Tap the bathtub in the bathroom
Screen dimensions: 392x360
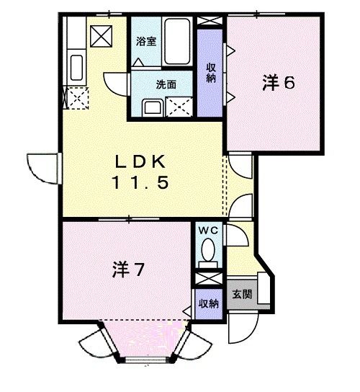(176, 41)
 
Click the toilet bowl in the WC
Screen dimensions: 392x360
(209, 254)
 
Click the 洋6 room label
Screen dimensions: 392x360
(278, 84)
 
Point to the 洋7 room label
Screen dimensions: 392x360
(130, 270)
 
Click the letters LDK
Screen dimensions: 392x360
(140, 161)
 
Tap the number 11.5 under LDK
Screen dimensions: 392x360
(140, 182)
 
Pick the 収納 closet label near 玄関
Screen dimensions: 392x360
(209, 303)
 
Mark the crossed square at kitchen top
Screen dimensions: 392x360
(100, 33)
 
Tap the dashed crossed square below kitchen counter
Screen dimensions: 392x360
(75, 96)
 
